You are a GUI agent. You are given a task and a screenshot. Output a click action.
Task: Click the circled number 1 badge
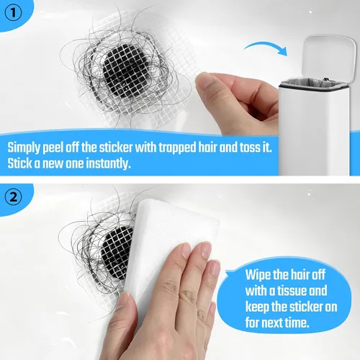pos(13,13)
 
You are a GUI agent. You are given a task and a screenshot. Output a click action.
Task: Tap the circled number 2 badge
pos(13,197)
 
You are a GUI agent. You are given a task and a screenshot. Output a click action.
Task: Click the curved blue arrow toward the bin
pos(266,48)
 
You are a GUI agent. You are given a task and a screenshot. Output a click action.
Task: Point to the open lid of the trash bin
pos(329,59)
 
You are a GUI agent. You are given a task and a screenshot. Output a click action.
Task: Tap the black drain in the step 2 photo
pos(117,253)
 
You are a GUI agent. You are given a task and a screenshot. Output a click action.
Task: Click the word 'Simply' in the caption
pos(24,148)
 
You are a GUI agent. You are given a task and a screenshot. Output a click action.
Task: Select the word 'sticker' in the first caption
pos(116,147)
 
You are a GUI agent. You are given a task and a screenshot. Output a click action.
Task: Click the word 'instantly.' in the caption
pos(109,163)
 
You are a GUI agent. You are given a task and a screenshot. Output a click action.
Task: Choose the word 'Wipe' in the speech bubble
pos(258,274)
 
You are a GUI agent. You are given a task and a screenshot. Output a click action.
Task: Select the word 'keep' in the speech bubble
pos(257,307)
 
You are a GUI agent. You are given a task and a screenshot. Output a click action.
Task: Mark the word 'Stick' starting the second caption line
pos(19,163)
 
